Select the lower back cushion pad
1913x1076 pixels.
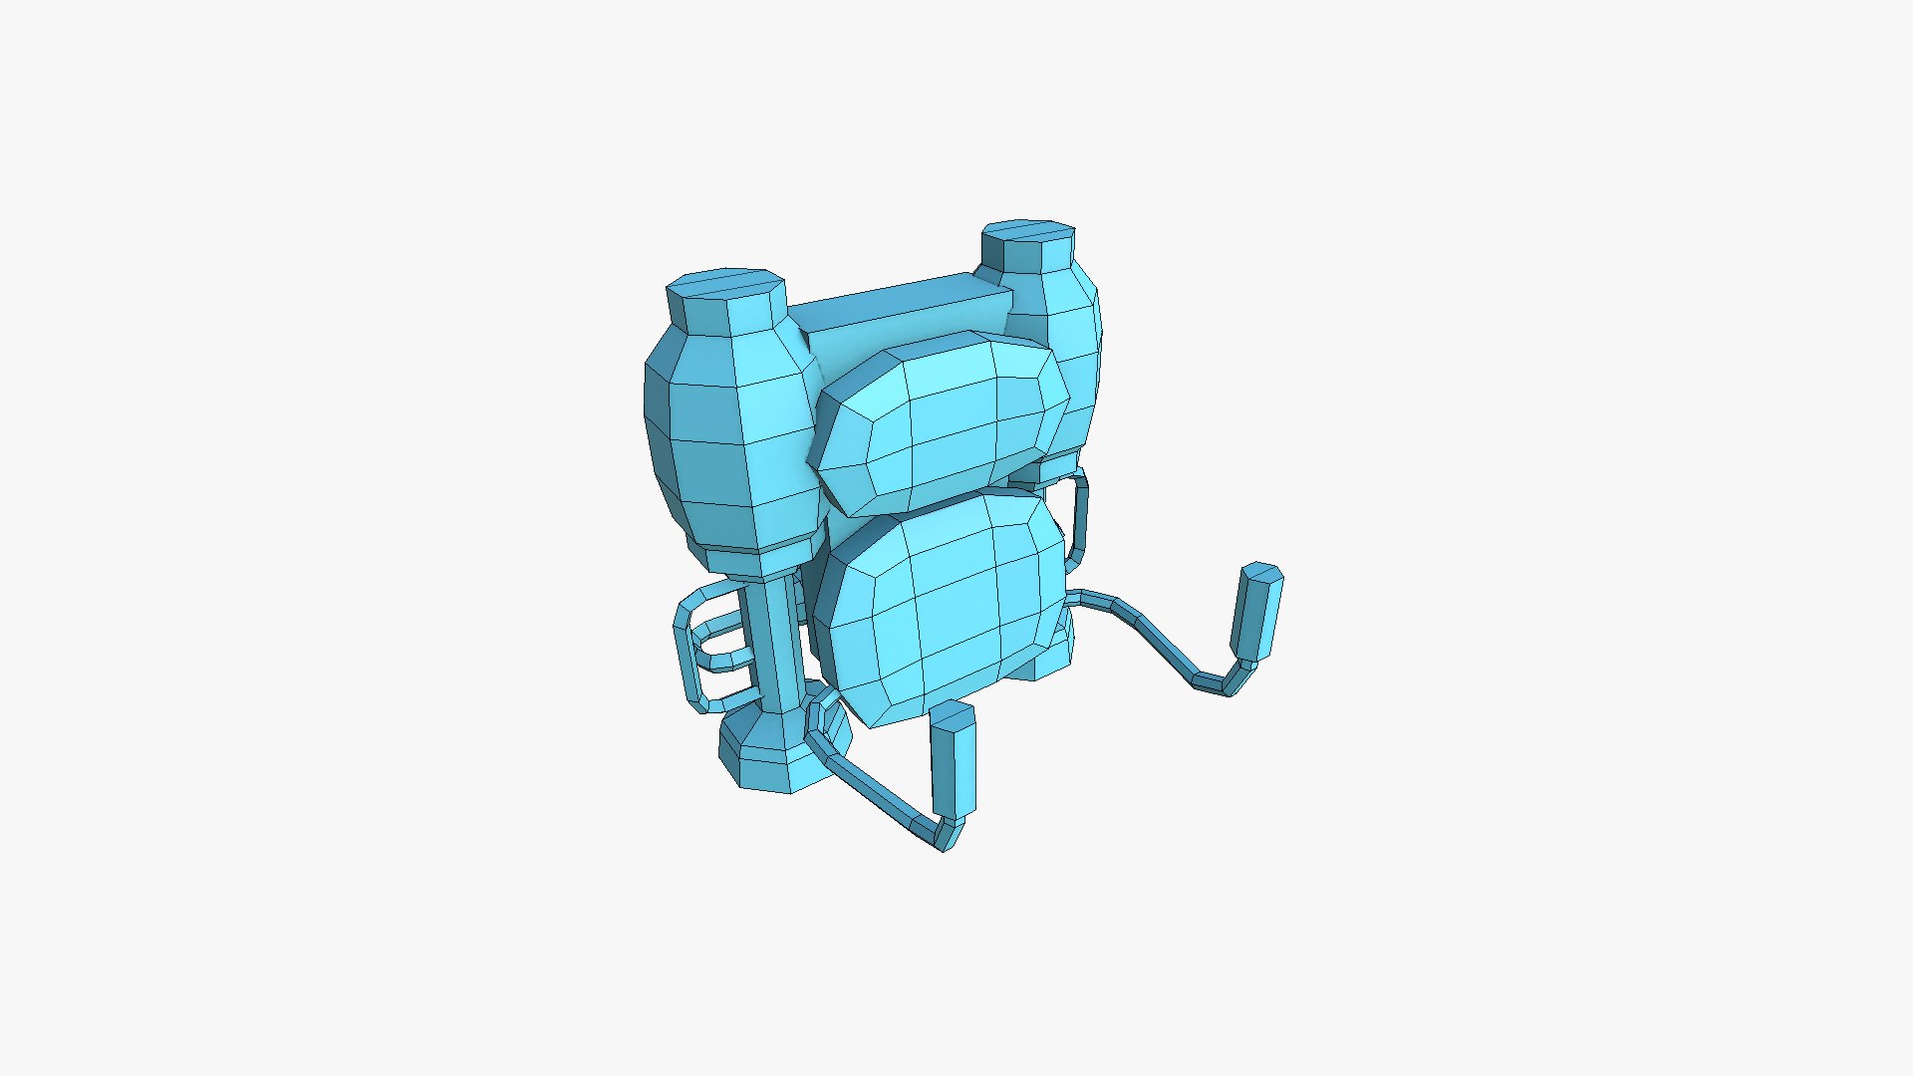click(937, 608)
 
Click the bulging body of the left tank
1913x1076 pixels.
click(732, 438)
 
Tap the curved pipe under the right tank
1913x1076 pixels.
click(1079, 513)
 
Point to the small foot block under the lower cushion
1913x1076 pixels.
click(1046, 663)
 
